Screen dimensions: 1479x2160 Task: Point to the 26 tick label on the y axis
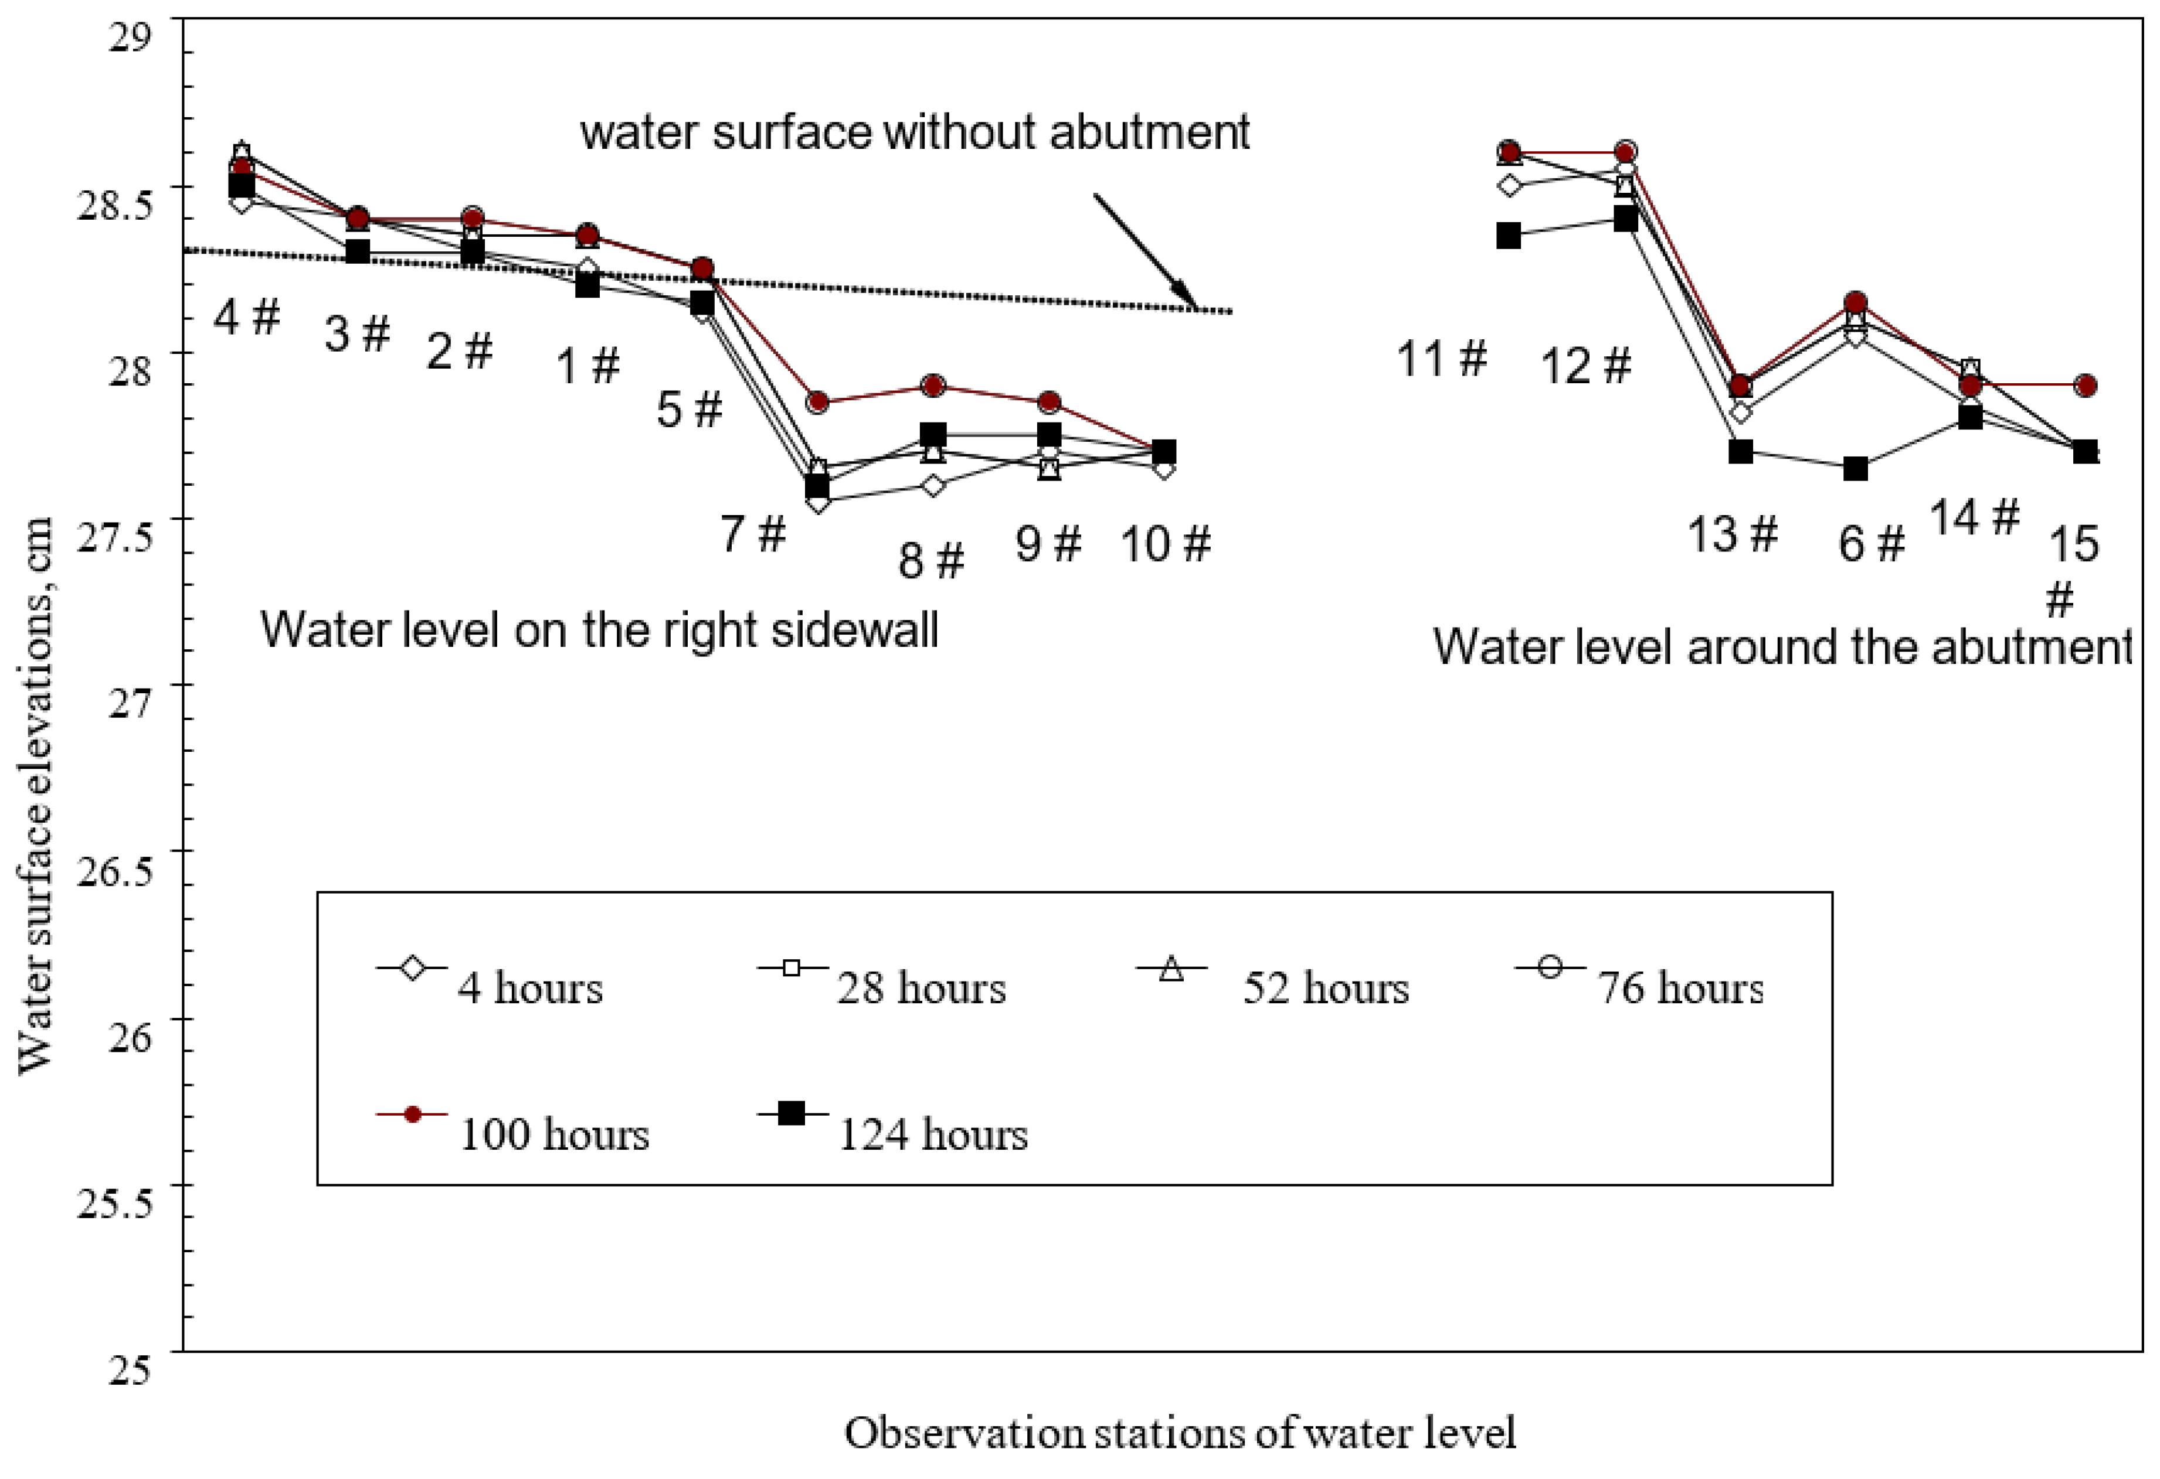point(129,1035)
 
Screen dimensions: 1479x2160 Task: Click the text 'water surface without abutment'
point(915,132)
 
